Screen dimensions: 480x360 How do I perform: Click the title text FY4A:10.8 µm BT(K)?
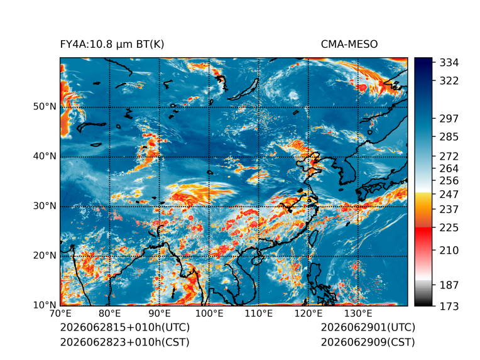(112, 45)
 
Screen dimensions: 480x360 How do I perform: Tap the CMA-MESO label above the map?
(349, 45)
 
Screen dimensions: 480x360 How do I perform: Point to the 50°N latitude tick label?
(45, 107)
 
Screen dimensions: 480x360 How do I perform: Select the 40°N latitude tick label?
(45, 156)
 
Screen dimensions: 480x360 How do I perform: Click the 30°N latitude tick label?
(45, 206)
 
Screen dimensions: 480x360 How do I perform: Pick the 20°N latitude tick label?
(45, 256)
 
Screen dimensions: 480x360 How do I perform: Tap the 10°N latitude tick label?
(45, 305)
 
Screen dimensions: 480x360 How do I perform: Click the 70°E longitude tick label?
(60, 314)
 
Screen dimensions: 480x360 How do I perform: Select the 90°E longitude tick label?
(159, 314)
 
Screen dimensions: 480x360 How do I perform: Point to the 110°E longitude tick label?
(259, 314)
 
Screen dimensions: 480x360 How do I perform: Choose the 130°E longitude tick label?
(358, 314)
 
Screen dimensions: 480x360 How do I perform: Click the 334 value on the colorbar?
(449, 63)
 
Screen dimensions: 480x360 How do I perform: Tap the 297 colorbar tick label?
(449, 119)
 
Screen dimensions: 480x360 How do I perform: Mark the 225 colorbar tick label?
(449, 228)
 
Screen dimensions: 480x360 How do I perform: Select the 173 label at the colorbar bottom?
(449, 306)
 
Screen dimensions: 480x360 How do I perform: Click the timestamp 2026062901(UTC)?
(368, 327)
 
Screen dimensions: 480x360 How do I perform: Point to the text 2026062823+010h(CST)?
(124, 342)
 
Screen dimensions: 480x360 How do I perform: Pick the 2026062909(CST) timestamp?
(368, 342)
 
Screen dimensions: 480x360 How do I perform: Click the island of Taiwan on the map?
(313, 238)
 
